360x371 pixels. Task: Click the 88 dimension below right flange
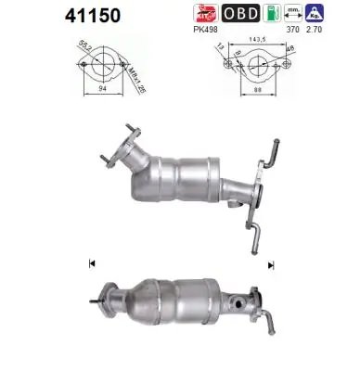click(245, 90)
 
